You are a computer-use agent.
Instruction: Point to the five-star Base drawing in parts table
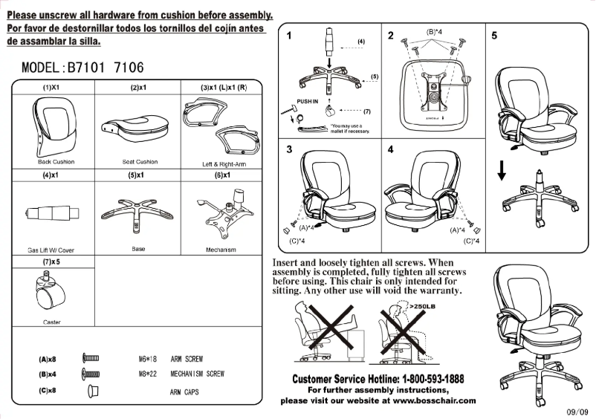[138, 212]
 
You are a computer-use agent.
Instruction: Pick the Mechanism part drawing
[220, 212]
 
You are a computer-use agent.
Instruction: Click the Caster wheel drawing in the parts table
[48, 293]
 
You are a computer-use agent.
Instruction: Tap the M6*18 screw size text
[149, 360]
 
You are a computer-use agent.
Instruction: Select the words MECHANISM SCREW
[197, 374]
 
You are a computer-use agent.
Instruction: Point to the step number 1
[289, 36]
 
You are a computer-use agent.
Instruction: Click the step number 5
[495, 36]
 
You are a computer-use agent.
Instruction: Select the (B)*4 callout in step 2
[435, 32]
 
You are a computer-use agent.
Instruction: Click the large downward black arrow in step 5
[502, 170]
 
